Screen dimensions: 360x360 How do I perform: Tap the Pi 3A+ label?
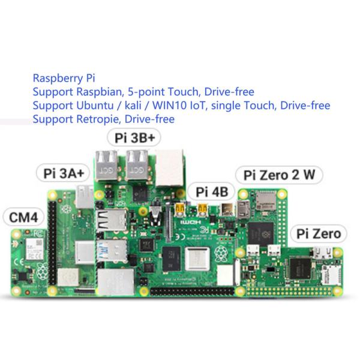[64, 173]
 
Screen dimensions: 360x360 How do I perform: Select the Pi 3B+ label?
[134, 137]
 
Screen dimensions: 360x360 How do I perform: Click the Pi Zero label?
[319, 233]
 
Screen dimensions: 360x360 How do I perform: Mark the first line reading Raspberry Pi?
[64, 78]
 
